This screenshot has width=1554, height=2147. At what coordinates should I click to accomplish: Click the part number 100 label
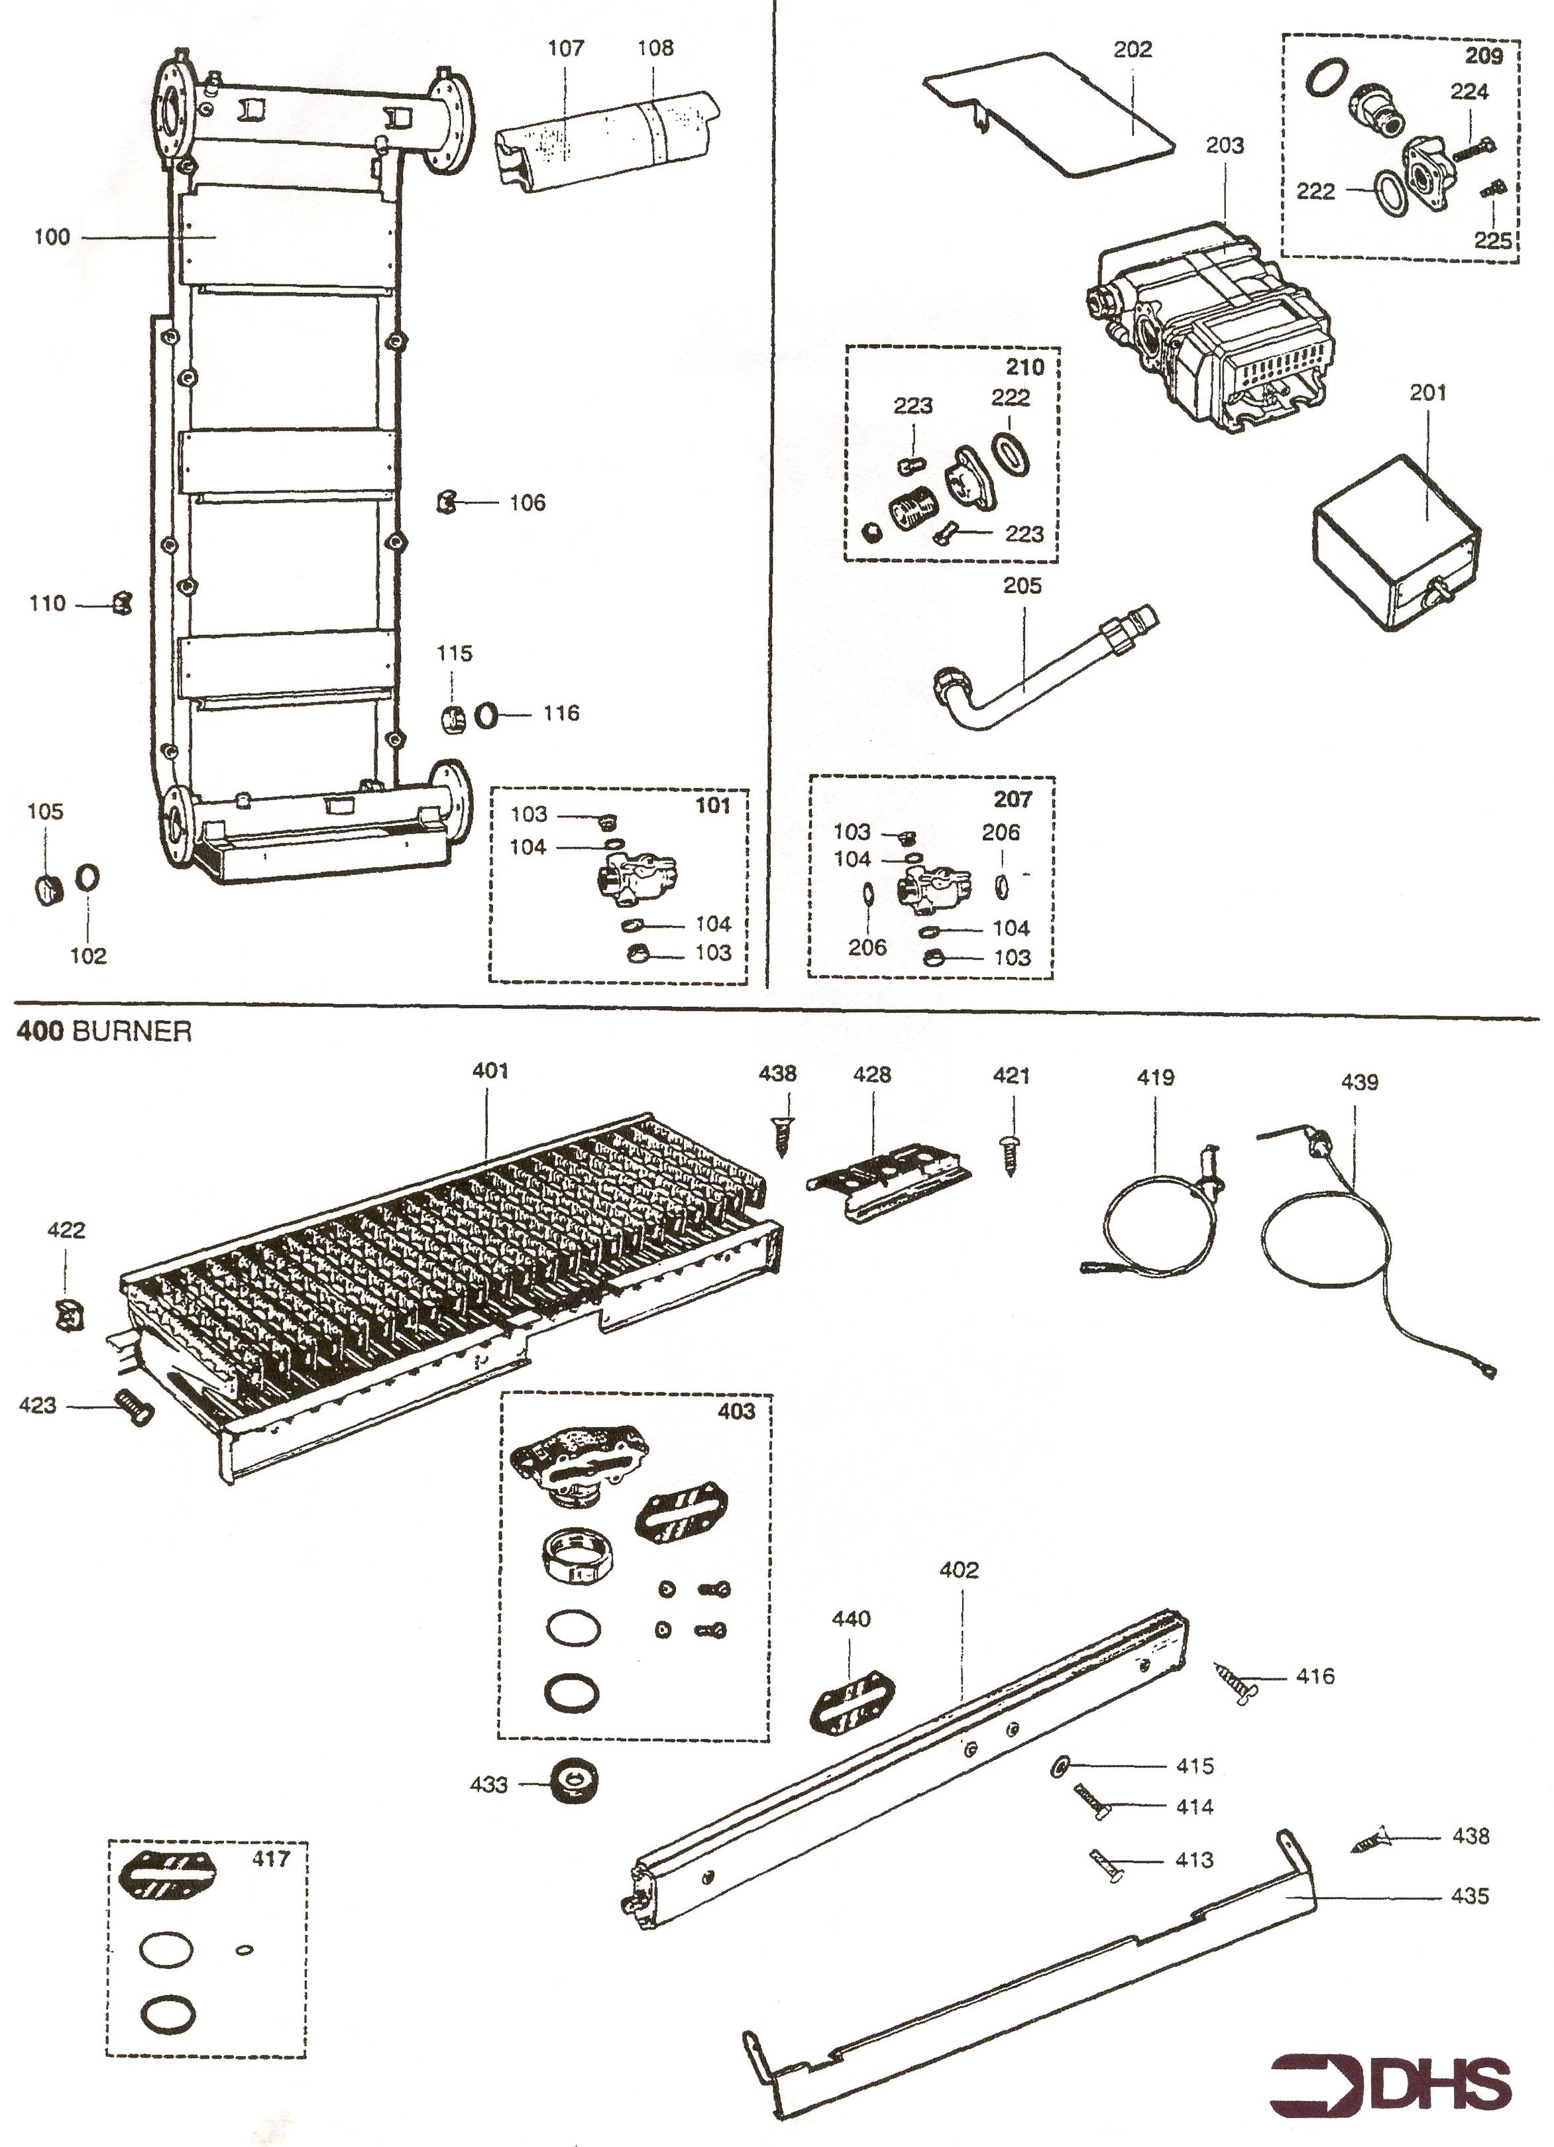[52, 237]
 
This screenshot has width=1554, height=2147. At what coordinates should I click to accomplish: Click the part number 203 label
[1225, 146]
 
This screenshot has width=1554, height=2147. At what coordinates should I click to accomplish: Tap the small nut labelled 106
[447, 502]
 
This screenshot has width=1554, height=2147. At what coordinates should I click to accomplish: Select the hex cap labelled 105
[46, 889]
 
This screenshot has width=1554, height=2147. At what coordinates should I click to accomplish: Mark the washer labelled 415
[1060, 1764]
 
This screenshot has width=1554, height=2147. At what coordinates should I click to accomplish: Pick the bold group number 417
[270, 1858]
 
